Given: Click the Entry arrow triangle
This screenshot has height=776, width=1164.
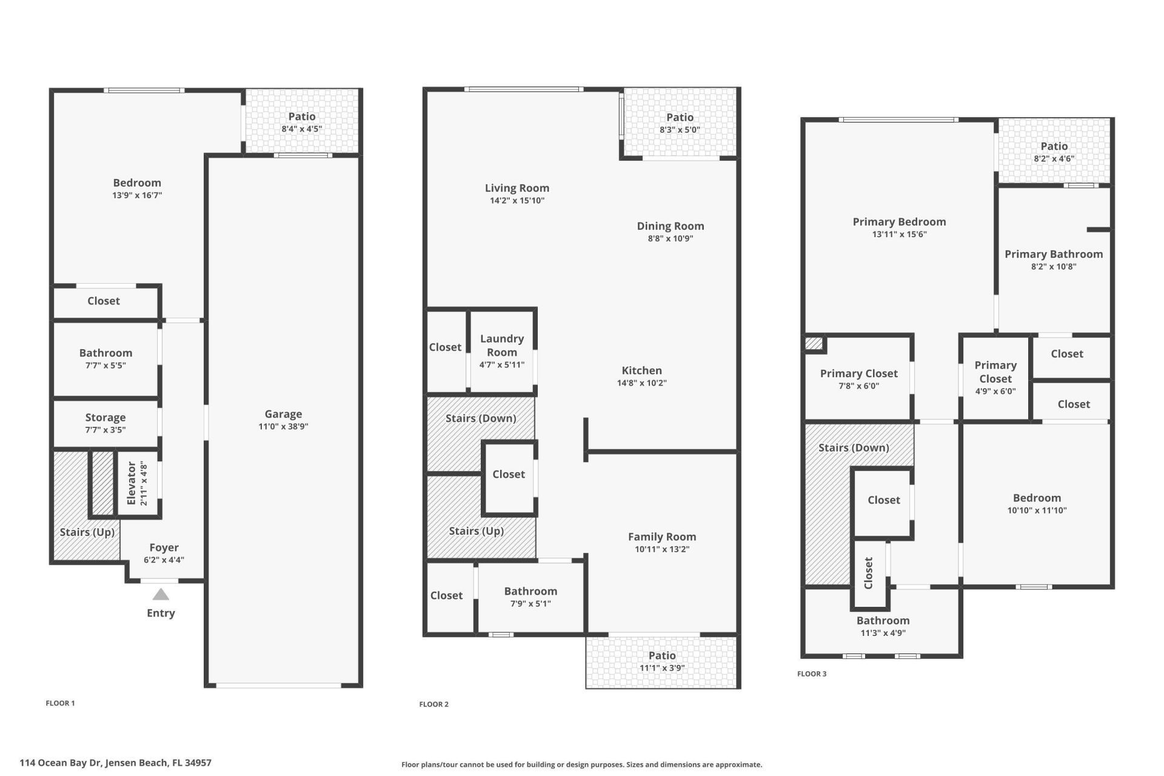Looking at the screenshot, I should [x=161, y=595].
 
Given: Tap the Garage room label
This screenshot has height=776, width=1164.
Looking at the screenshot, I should [x=283, y=414].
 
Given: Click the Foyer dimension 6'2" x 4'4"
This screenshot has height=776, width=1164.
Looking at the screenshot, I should [x=164, y=560].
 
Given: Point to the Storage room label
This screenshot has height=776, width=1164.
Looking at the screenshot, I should [x=105, y=417].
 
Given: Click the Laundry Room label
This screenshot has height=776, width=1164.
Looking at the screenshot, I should [x=502, y=346].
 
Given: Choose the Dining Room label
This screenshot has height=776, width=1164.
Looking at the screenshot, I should [x=670, y=226].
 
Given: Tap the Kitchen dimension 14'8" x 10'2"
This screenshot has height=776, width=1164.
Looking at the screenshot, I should [x=641, y=383].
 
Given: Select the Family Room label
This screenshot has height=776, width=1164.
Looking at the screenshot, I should [x=661, y=537].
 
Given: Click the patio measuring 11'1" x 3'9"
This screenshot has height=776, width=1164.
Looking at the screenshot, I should [x=661, y=661].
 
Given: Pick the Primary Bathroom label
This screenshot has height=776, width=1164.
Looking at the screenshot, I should [x=1053, y=254].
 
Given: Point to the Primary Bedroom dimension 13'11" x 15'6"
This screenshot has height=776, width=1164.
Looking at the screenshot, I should [x=899, y=235].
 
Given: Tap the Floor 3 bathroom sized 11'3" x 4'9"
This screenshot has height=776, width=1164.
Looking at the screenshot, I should [x=883, y=626].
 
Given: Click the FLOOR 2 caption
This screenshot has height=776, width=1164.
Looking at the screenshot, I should [x=434, y=704].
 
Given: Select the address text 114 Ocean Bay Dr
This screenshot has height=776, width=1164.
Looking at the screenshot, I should [x=115, y=763].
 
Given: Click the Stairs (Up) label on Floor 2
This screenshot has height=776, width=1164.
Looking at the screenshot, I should [x=476, y=531].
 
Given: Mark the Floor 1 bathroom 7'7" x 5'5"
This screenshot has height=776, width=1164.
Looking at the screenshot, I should [x=105, y=359].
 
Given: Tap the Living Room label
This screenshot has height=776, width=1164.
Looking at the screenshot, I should [x=517, y=188].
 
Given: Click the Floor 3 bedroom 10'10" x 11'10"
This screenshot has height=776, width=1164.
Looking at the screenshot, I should [x=1037, y=504].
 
